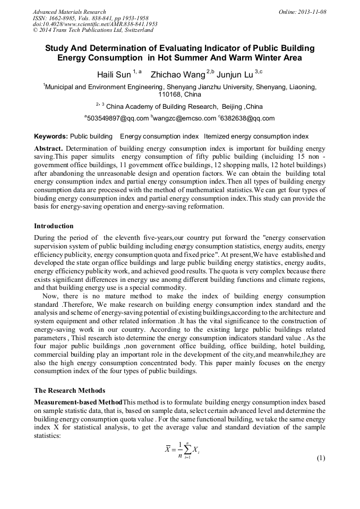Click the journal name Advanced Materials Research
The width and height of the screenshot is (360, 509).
[x=69, y=12]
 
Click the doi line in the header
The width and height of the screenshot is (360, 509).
[x=95, y=24]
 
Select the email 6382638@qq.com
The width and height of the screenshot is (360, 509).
[x=248, y=118]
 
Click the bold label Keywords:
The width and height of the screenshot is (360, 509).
[x=50, y=136]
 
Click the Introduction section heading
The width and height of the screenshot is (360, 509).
[x=54, y=226]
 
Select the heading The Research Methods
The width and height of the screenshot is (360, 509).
[x=69, y=391]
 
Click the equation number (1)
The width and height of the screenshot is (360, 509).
[x=320, y=458]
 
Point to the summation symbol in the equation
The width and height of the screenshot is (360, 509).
[x=186, y=450]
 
